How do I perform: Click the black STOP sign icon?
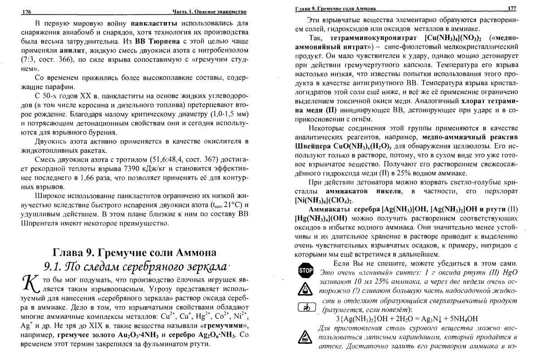306,270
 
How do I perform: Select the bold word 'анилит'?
78,50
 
